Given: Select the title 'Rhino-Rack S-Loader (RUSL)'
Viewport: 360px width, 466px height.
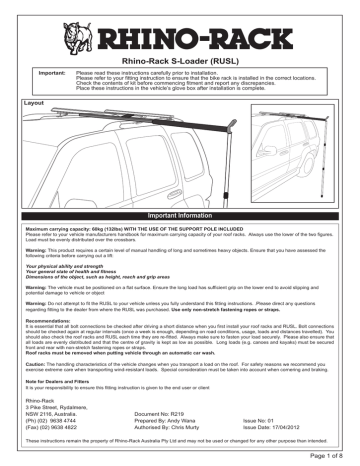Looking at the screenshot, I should click(181, 61).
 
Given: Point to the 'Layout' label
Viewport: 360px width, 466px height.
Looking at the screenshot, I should click(20, 102).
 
